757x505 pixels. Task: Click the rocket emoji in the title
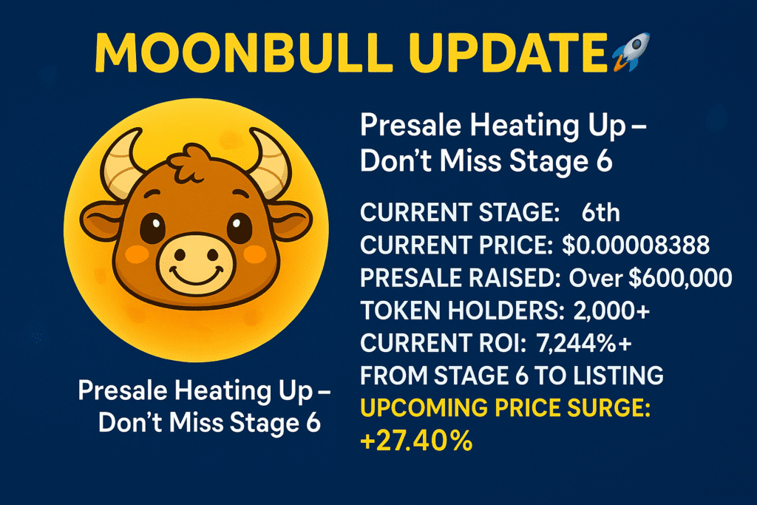click(631, 52)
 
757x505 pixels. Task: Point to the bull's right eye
click(240, 228)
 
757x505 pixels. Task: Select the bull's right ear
click(290, 221)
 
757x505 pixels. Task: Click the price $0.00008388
click(636, 245)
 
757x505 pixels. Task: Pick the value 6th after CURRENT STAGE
click(600, 212)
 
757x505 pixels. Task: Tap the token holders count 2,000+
click(611, 311)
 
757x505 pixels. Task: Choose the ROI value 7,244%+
click(584, 343)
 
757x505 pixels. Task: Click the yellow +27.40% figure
click(416, 441)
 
